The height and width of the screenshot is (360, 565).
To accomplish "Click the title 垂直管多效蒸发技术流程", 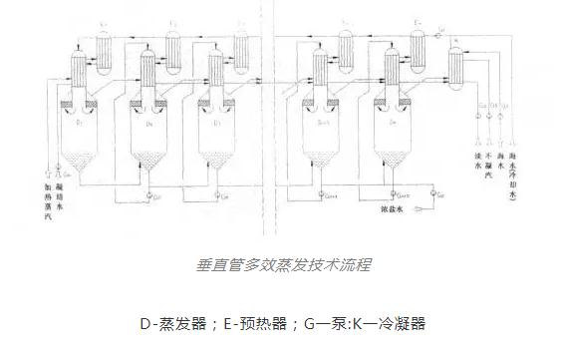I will tap(282, 266).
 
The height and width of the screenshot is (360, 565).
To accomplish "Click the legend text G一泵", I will tap(324, 323).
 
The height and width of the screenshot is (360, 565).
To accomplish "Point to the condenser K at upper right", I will tap(458, 65).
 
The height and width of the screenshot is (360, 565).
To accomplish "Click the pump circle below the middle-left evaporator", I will tap(146, 192).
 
